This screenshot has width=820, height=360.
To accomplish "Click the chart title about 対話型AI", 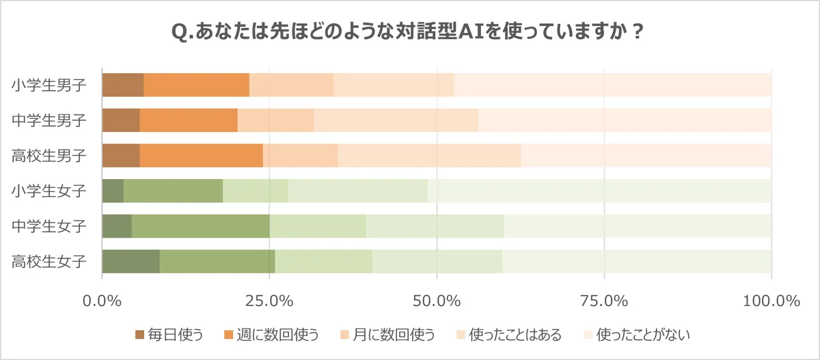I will [x=409, y=32].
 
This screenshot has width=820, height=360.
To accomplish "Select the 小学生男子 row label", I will [x=49, y=85].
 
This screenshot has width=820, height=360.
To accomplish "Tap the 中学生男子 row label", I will [x=49, y=121].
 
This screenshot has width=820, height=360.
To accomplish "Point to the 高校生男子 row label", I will [x=49, y=156].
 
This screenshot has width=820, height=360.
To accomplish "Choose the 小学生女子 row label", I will [x=49, y=191].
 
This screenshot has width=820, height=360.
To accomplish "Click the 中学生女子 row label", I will [x=49, y=225].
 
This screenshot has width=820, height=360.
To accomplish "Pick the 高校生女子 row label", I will [x=49, y=261].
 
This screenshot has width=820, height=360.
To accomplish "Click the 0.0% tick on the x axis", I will [x=102, y=301].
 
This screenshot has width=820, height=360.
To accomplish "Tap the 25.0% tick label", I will [x=270, y=301].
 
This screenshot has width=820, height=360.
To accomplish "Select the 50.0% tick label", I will [x=437, y=301].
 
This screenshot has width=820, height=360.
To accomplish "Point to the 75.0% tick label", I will [x=604, y=301].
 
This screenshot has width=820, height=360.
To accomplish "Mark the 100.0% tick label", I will [x=771, y=301].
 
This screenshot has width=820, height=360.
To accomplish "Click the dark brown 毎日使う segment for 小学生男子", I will [x=123, y=85].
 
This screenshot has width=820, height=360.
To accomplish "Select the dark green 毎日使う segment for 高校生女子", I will [x=131, y=261].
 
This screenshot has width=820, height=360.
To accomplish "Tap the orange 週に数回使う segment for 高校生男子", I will [x=201, y=156].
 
